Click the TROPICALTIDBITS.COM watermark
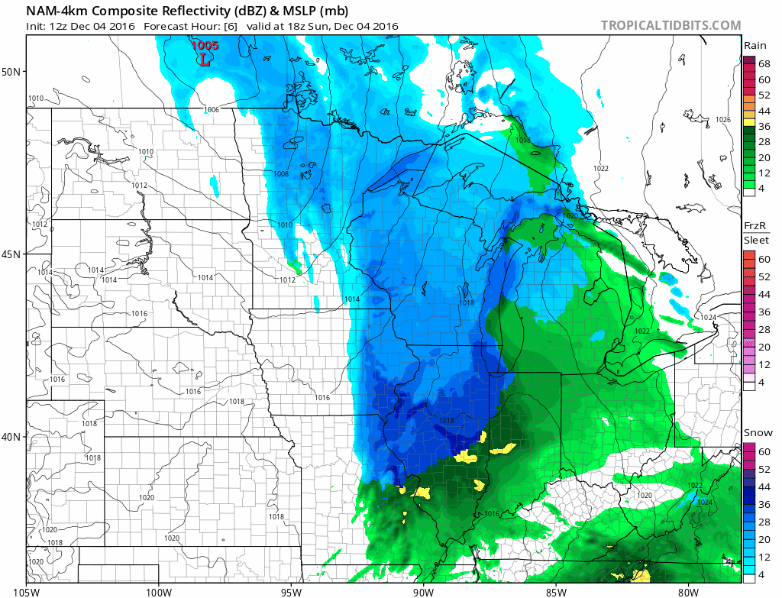pos(671,25)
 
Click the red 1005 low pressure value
pos(205,45)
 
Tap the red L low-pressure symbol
pos(205,60)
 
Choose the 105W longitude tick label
pos(27,590)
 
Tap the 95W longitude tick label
pos(291,590)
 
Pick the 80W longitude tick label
pos(688,590)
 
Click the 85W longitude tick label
pos(556,590)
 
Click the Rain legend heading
pos(755,46)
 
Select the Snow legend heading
pos(757,433)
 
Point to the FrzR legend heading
pos(755,227)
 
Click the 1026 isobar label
pos(723,120)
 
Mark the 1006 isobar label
pos(212,110)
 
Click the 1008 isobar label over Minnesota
pos(280,175)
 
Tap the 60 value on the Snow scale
pos(764,451)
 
